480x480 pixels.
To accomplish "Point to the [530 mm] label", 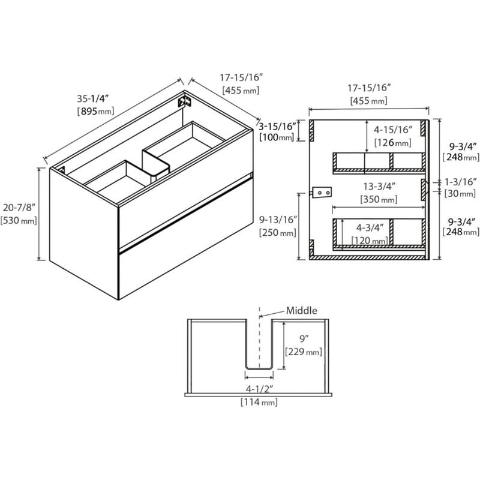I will click(20, 220).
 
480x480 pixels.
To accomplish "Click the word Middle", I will click(301, 310).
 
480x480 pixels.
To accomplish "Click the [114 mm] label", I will click(259, 402).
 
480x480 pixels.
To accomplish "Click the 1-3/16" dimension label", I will click(461, 181).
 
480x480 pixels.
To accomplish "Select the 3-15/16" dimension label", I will click(277, 126).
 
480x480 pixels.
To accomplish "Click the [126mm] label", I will click(392, 142).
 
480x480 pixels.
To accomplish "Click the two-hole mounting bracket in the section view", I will click(323, 192).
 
